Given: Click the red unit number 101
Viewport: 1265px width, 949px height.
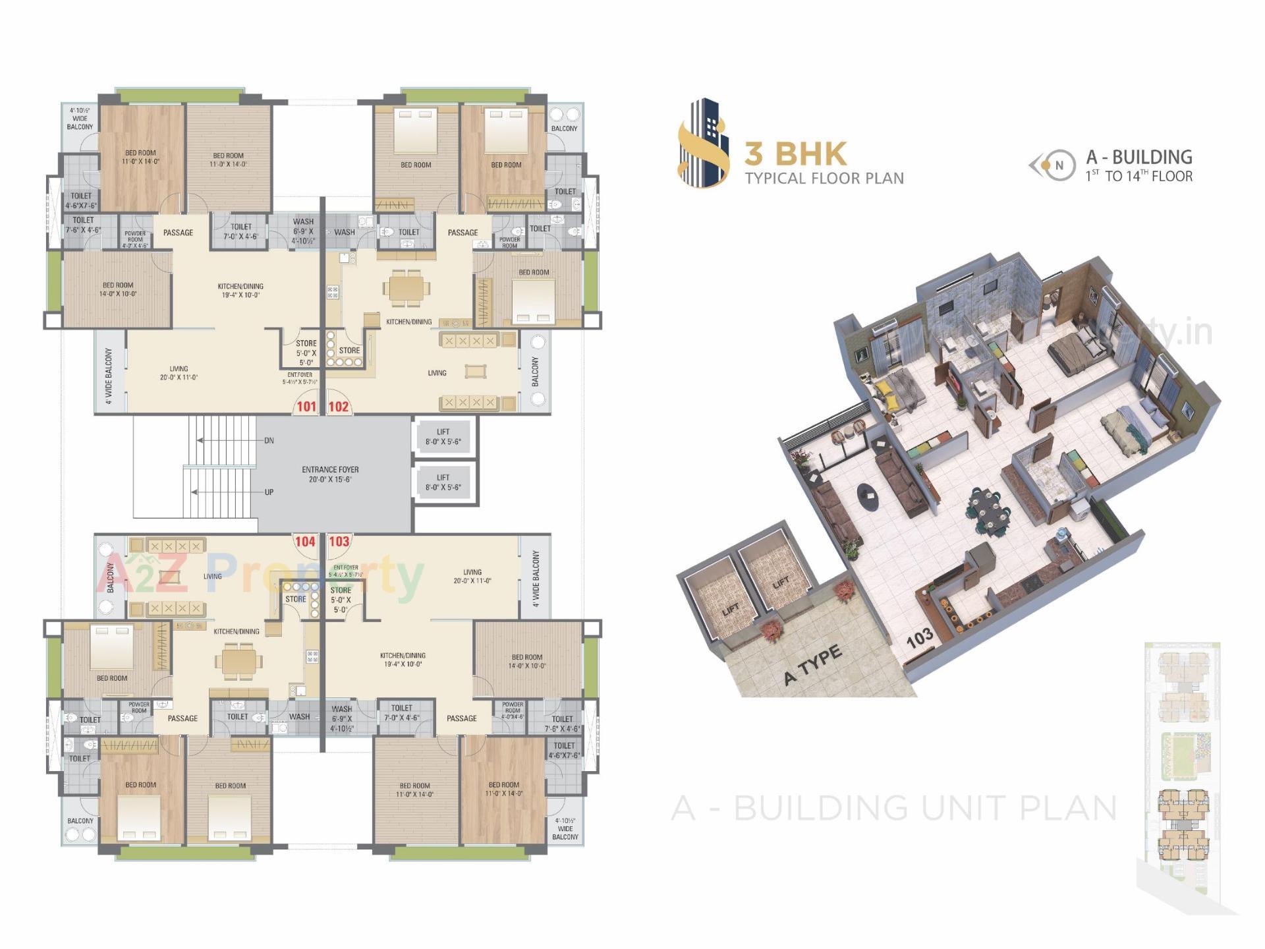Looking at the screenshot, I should coord(306,407).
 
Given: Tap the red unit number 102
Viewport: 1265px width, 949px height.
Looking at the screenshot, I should coord(338,407).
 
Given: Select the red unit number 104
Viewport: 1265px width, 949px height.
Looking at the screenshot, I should coord(305,542).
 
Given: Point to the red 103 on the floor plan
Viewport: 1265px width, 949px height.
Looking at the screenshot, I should coord(339,542).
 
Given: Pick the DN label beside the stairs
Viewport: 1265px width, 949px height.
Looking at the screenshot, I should coord(269,440).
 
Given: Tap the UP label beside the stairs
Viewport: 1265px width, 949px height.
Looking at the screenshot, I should coord(269,492).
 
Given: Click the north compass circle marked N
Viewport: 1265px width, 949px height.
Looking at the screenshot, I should coord(1059,166).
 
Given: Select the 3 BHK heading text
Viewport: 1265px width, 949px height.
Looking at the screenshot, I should coord(795,154).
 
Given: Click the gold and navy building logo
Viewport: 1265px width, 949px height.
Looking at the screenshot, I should coord(704,143).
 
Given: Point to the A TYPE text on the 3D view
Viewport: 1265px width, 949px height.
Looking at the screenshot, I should coord(812,666).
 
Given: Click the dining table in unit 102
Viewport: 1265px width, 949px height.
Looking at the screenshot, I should coord(407,288).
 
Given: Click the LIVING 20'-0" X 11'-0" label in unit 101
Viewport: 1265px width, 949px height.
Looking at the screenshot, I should coord(179,373).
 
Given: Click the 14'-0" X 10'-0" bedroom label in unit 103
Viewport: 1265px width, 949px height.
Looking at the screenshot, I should coord(526,661).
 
